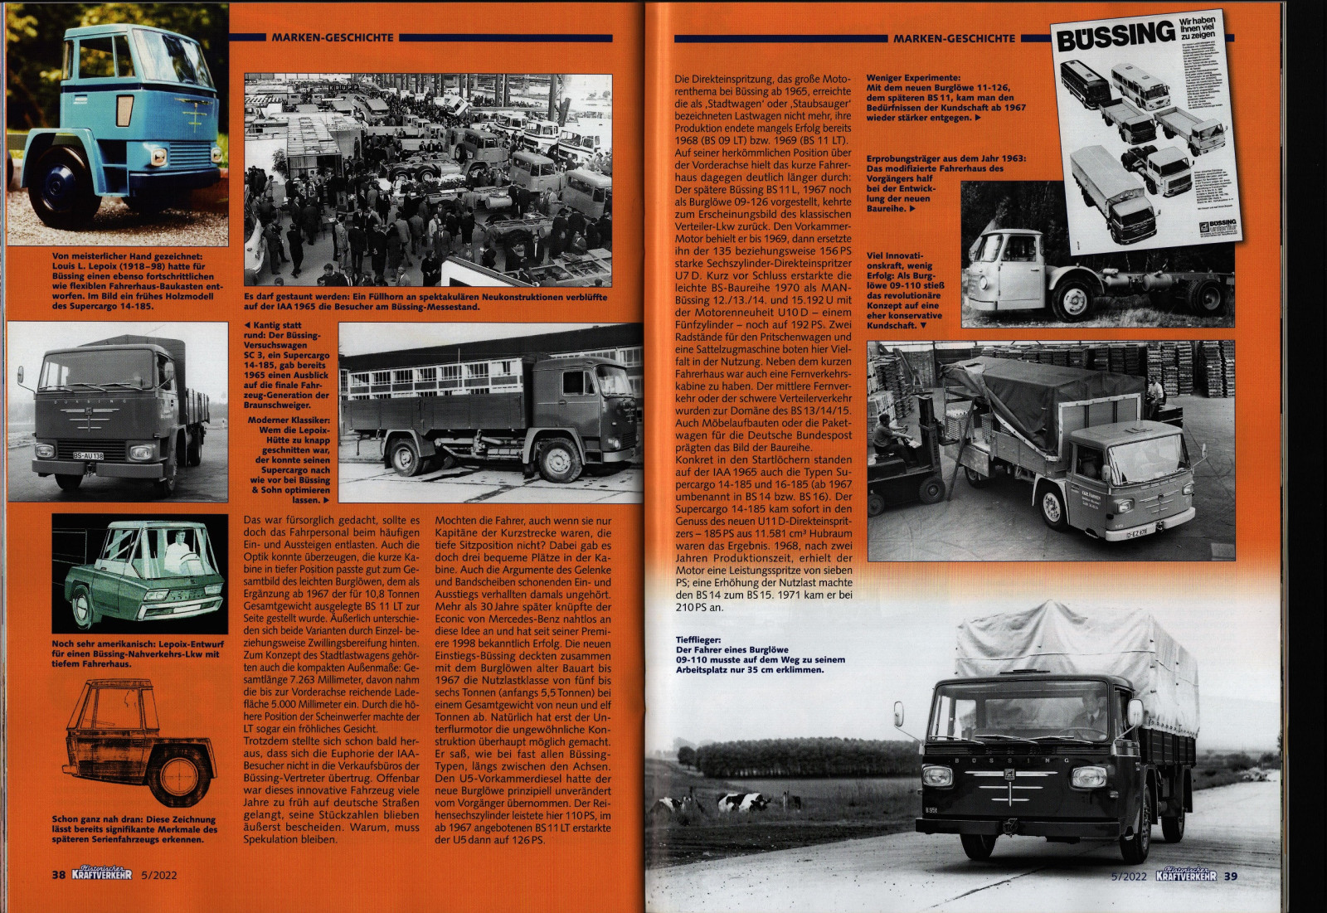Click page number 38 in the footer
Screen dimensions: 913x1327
click(x=58, y=875)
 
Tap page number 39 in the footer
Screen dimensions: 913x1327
click(x=1231, y=876)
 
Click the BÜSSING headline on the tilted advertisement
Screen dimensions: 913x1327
click(x=1116, y=36)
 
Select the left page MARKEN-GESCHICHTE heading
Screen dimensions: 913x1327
click(x=333, y=37)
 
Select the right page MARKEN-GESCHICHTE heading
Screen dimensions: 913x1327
click(x=954, y=38)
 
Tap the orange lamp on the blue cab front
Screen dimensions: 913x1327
click(x=124, y=110)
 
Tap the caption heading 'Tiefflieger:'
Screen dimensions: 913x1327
click(x=698, y=640)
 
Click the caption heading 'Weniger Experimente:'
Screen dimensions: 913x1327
click(x=913, y=77)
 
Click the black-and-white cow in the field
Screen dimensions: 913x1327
click(x=743, y=802)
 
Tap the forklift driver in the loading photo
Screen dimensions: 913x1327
click(x=887, y=433)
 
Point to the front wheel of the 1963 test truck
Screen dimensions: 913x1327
click(x=1075, y=299)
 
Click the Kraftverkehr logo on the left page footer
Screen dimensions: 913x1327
click(x=101, y=874)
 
